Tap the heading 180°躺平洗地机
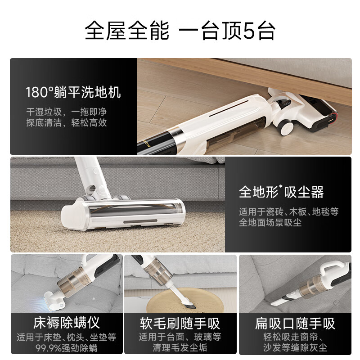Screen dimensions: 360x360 73,93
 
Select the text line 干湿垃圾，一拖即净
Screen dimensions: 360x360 66,111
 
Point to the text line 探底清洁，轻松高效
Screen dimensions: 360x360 66,122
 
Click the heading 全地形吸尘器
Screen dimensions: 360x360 281,192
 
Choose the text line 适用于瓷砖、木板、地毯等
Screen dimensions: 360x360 288,211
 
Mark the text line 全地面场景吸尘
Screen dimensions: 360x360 270,223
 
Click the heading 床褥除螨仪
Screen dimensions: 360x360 66,323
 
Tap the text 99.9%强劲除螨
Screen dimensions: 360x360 66,347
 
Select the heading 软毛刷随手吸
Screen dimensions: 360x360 180,323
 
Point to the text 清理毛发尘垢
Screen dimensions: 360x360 180,347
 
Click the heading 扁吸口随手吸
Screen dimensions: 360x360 295,323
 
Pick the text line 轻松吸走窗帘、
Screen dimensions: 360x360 295,336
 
